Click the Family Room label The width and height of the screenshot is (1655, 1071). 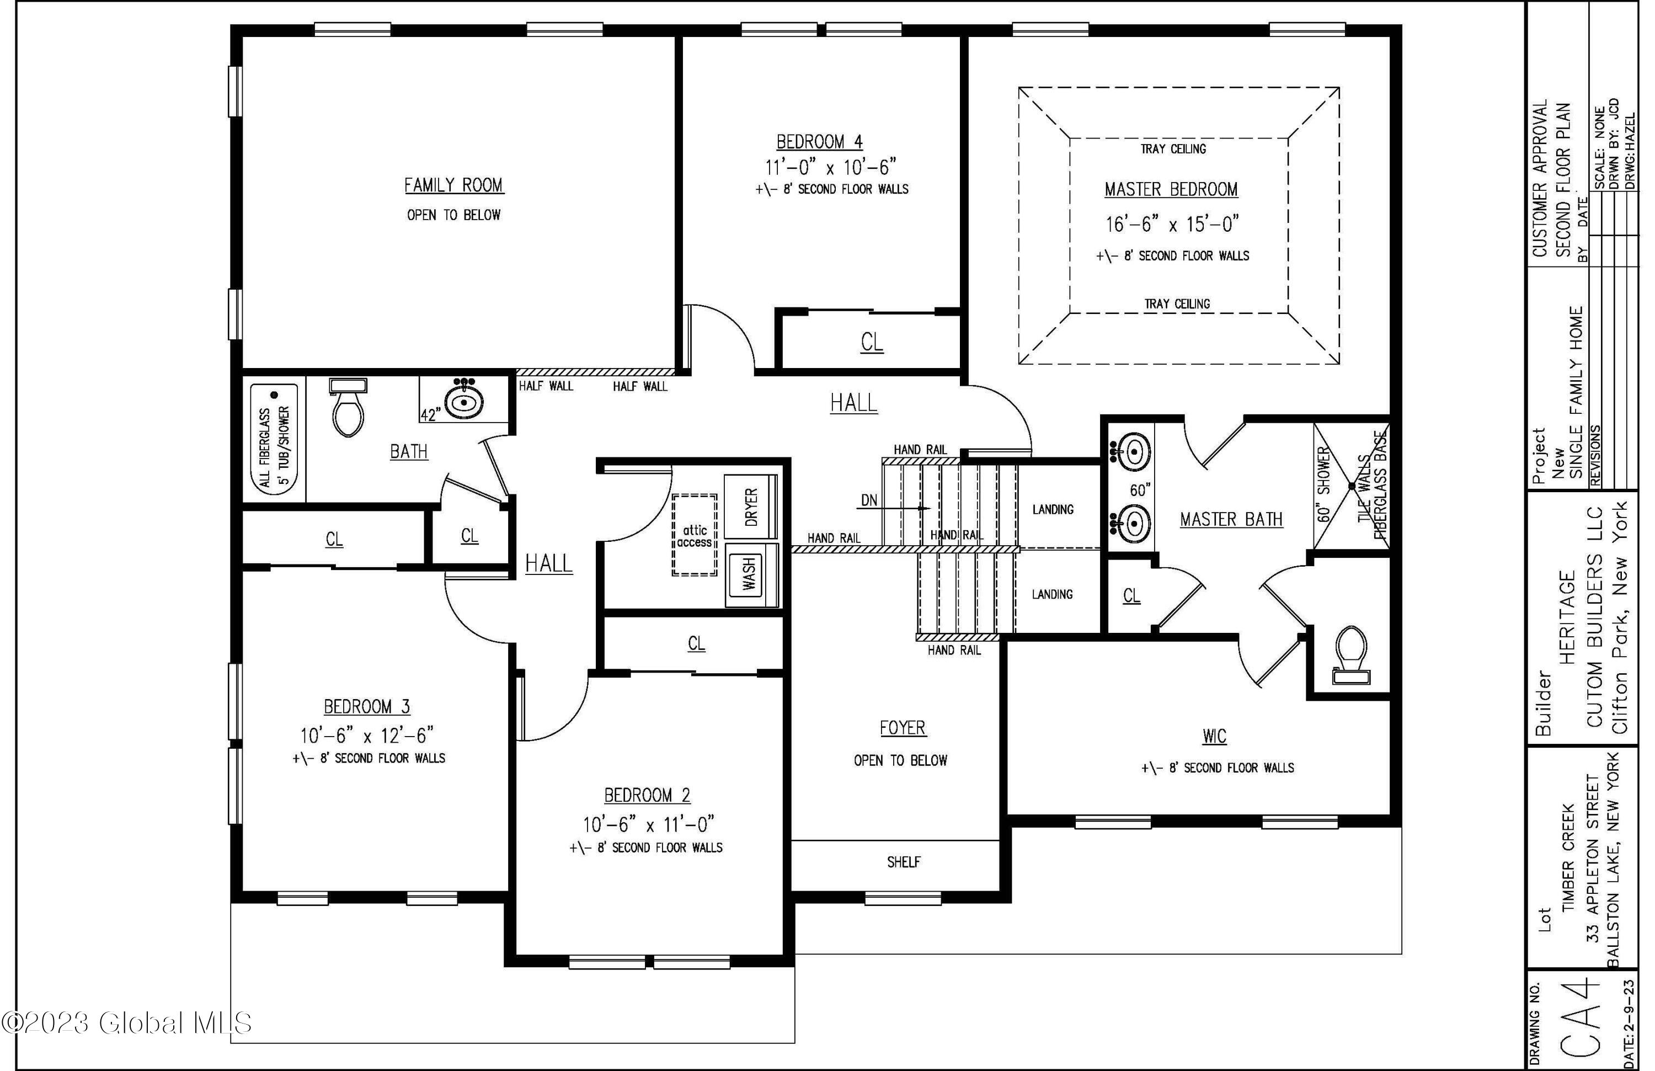pyautogui.click(x=454, y=185)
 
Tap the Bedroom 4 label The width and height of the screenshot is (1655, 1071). pyautogui.click(x=819, y=142)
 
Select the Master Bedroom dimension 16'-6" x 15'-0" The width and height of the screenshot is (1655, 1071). pyautogui.click(x=1172, y=224)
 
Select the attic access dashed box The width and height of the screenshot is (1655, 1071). pyautogui.click(x=695, y=535)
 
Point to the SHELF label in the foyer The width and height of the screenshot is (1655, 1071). pyautogui.click(x=903, y=862)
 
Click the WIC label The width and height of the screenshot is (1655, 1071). pyautogui.click(x=1214, y=736)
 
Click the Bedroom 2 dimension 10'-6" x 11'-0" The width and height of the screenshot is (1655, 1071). pyautogui.click(x=648, y=824)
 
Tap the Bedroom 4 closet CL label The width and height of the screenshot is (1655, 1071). pyautogui.click(x=872, y=342)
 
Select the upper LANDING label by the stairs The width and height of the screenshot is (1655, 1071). pyautogui.click(x=1053, y=510)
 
